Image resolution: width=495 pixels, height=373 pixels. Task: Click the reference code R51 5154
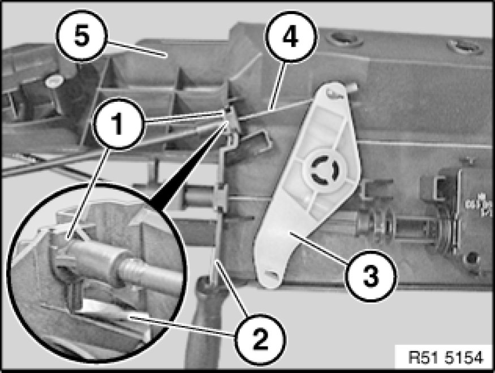point(446,358)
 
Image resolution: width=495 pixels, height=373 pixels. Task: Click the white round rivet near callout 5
point(53,82)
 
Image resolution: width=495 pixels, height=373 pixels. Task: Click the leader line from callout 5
point(135,49)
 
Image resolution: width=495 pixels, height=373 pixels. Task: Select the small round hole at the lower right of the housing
point(471,258)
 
